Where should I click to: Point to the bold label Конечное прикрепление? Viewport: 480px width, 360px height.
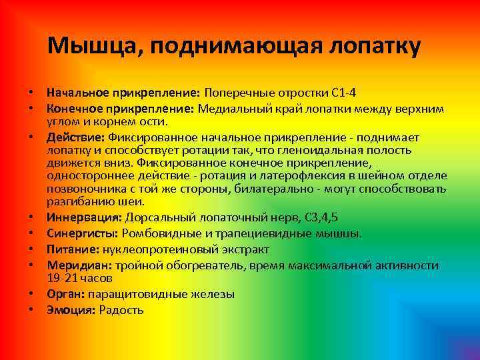(x=120, y=108)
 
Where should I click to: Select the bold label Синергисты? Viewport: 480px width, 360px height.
(x=82, y=233)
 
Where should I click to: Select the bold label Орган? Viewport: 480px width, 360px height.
(x=65, y=294)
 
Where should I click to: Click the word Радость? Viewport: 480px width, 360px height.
(x=121, y=310)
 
